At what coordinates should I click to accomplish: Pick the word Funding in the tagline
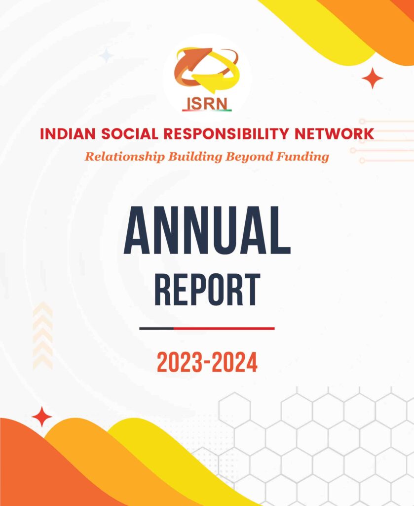pyautogui.click(x=301, y=157)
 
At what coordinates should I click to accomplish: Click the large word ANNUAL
pyautogui.click(x=207, y=231)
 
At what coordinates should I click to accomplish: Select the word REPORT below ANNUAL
pyautogui.click(x=207, y=290)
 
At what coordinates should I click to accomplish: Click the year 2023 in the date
pyautogui.click(x=180, y=364)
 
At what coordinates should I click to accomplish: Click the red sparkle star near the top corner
pyautogui.click(x=373, y=78)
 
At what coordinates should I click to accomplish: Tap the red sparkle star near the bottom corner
pyautogui.click(x=42, y=417)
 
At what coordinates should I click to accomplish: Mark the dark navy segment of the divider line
pyautogui.click(x=156, y=328)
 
